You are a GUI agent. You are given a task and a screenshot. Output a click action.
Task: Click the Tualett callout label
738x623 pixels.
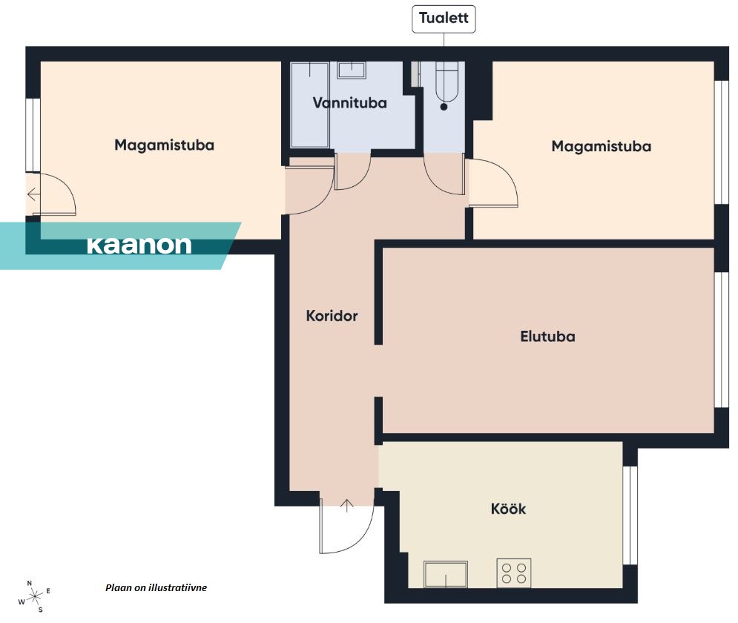[x=444, y=19]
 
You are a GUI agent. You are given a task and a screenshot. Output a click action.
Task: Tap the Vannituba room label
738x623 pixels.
[x=349, y=103]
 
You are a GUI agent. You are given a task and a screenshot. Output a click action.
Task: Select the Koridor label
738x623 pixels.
[x=332, y=316]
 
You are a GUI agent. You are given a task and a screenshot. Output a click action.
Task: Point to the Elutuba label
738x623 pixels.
[x=547, y=337]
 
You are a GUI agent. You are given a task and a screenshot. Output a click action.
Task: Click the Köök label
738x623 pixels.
[x=508, y=509]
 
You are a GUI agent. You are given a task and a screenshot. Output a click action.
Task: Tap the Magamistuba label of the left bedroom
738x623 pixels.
[x=164, y=145]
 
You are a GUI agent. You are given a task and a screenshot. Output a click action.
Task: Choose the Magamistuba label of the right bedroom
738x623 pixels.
[x=602, y=146]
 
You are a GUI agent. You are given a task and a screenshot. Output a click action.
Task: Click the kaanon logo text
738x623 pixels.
[x=139, y=245]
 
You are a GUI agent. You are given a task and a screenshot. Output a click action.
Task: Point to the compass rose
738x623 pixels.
[x=35, y=597]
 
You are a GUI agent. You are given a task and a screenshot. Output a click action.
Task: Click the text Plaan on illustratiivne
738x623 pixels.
[x=157, y=587]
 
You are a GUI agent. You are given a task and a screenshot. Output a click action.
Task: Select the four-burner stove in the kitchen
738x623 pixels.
[x=514, y=573]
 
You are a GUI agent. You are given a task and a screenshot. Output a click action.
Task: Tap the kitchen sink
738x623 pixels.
[x=446, y=574]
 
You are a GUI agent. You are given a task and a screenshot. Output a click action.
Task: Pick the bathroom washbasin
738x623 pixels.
[x=352, y=70]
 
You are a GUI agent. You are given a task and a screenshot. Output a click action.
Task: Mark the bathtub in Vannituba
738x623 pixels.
[x=310, y=105]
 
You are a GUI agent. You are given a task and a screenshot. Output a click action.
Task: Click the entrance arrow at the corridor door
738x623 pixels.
[x=347, y=506]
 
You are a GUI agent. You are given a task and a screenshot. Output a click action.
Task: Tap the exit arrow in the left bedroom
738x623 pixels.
[x=33, y=194]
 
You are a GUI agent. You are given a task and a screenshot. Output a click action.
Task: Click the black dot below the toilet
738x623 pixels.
[x=444, y=107]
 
